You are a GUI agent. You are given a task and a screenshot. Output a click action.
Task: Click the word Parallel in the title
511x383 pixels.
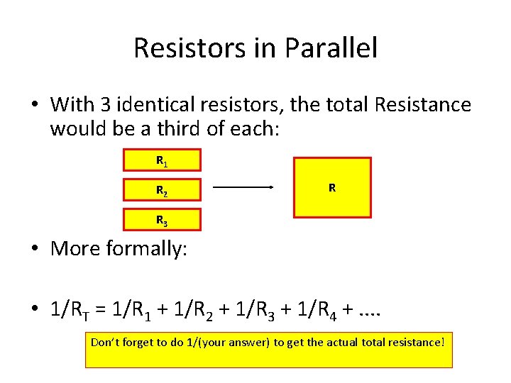click(x=331, y=48)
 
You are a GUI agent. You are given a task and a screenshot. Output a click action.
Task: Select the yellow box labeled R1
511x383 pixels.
click(x=162, y=160)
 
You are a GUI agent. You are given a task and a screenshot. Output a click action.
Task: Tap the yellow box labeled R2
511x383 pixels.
click(x=162, y=190)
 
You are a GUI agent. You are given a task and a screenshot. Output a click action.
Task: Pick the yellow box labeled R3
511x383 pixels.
click(x=162, y=220)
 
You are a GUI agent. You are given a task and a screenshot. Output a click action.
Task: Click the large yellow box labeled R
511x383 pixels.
click(x=332, y=187)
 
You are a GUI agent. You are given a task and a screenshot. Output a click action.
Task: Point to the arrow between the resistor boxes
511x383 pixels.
click(x=243, y=187)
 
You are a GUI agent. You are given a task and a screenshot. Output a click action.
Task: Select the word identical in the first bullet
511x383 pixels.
click(x=148, y=105)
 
